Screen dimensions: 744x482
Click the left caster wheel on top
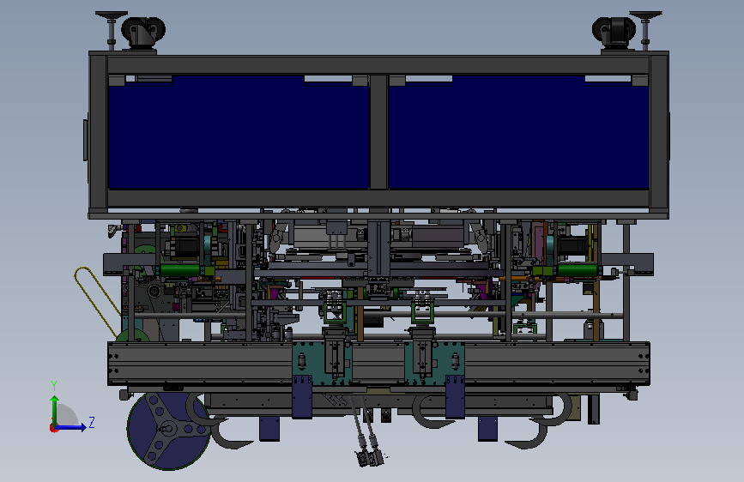tap(142, 33)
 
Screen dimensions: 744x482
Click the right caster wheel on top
tap(613, 33)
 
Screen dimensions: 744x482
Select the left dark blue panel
tap(239, 132)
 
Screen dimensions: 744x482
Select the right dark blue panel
tap(518, 132)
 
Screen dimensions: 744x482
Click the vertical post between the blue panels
tap(378, 132)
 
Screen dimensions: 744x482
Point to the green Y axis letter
tap(54, 386)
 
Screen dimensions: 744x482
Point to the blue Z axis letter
tap(92, 422)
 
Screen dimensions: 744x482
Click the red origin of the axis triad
tap(53, 428)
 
